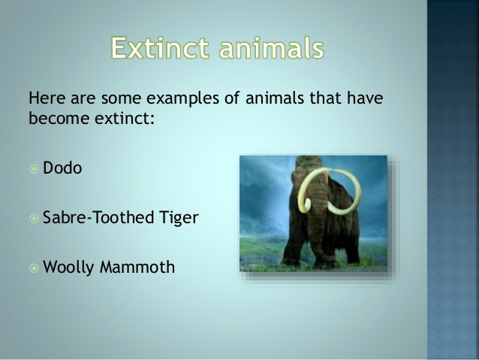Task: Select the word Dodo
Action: click(62, 168)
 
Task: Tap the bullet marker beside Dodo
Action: click(34, 169)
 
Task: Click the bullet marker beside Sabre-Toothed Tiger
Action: click(34, 218)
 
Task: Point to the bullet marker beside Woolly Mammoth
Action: click(34, 267)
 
